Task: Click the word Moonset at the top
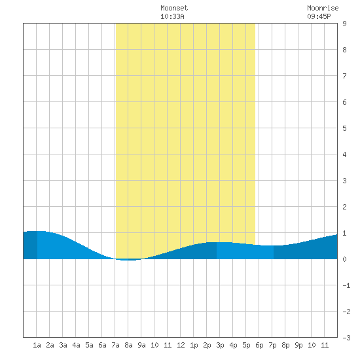coord(174,8)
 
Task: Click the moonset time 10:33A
coord(172,16)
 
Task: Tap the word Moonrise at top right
coord(323,8)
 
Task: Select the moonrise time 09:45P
coord(319,16)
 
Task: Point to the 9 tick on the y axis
coord(344,24)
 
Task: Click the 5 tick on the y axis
coord(344,128)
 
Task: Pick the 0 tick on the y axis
coord(344,259)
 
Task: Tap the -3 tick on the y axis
coord(346,338)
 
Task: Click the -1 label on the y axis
coord(346,285)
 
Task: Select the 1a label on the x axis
coord(37,345)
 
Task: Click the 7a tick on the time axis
coord(115,345)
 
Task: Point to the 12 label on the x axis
coord(181,345)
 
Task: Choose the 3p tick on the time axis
coord(220,345)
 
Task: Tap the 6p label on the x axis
coord(259,345)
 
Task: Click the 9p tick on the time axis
coord(298,345)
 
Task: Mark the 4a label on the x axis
coord(76,345)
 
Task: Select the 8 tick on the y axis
coord(344,50)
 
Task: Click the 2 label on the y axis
coord(344,207)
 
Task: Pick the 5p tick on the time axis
coord(246,345)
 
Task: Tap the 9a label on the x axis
coord(141,345)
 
